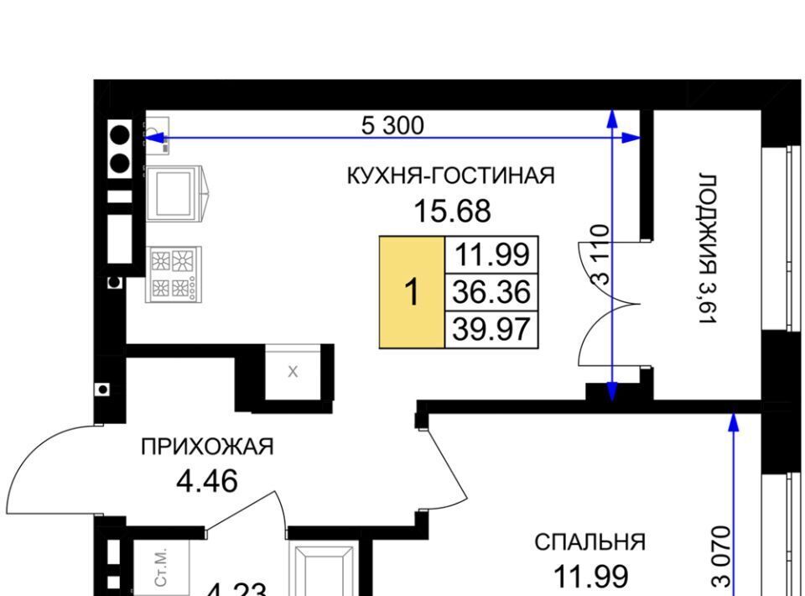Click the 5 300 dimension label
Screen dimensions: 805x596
coord(392,126)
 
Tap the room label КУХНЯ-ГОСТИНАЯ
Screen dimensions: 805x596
coord(451,175)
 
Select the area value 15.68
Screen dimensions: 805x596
coord(452,212)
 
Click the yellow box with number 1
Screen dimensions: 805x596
coord(412,292)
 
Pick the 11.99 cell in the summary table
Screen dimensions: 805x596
coord(491,255)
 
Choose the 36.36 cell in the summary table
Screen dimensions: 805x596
coord(491,292)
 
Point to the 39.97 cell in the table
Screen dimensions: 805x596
coord(491,329)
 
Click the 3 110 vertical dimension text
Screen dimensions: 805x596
coord(600,255)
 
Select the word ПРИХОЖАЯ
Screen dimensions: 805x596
coord(207,447)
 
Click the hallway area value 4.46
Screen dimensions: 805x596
coord(207,482)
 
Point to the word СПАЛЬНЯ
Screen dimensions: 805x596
coord(589,542)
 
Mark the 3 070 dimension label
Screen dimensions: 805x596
coord(721,556)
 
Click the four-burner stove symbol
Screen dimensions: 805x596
coord(174,274)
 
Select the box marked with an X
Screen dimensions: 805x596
coord(293,372)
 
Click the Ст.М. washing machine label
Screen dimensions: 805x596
coord(161,567)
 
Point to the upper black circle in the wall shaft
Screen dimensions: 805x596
coord(120,135)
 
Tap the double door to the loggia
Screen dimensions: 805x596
coord(609,304)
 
